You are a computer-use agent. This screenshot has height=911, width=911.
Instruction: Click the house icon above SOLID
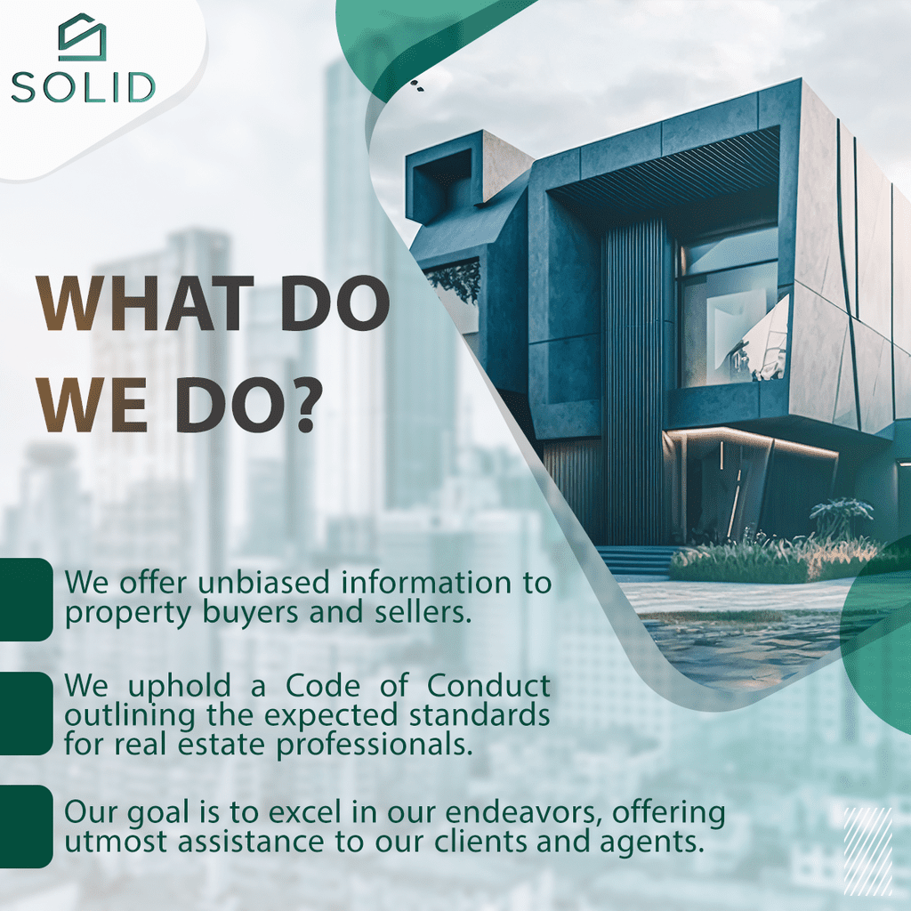(83, 37)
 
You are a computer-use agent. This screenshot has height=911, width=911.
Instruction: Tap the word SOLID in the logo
(83, 88)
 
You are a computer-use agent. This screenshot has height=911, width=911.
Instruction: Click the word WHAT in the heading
(146, 304)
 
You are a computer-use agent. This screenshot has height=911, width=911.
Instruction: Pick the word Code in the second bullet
(322, 686)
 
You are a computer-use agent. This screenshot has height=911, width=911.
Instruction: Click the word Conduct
(488, 686)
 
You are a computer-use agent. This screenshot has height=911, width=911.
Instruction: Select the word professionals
(375, 746)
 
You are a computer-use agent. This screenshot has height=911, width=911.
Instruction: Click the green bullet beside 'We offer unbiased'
(26, 599)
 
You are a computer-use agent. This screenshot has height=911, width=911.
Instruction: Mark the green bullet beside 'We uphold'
(26, 713)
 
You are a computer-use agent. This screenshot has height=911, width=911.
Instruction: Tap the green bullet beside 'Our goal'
(26, 826)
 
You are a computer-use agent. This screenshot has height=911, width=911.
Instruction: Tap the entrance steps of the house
(635, 560)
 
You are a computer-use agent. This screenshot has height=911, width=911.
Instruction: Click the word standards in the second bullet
(480, 715)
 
